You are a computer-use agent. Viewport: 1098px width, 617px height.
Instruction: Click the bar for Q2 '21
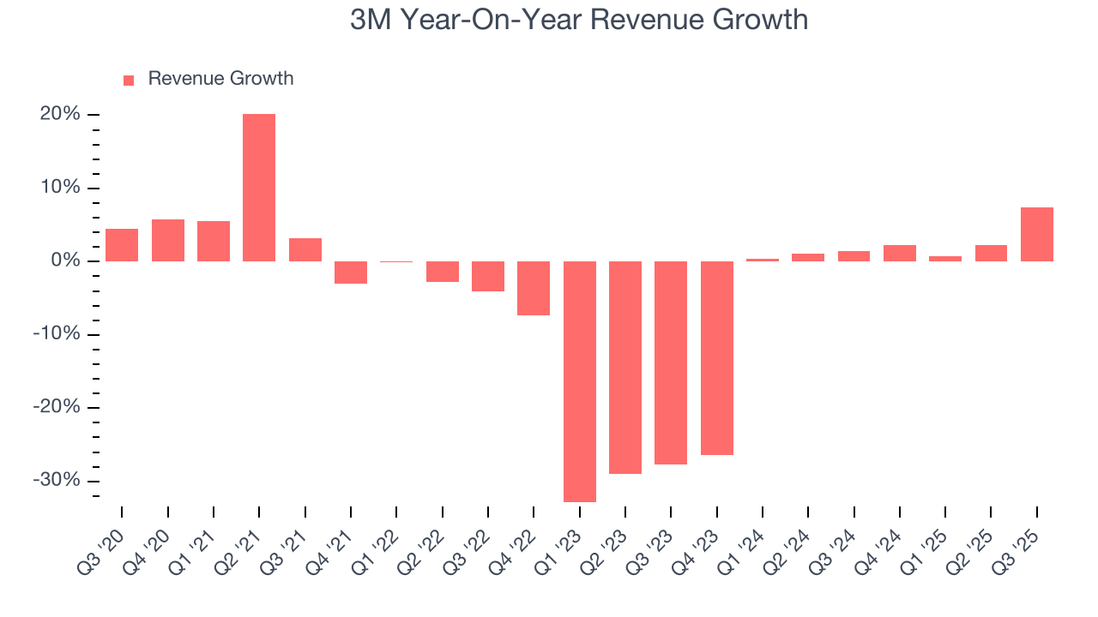pyautogui.click(x=259, y=188)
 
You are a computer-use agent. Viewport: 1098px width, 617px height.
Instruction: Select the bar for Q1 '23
pyautogui.click(x=579, y=381)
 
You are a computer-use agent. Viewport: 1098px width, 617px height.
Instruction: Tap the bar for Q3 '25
pyautogui.click(x=1036, y=234)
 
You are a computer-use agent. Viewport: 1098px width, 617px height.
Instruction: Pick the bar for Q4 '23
pyautogui.click(x=716, y=358)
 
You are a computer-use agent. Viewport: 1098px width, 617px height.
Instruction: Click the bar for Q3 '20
pyautogui.click(x=122, y=245)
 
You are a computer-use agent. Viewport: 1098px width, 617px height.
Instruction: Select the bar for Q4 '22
pyautogui.click(x=534, y=288)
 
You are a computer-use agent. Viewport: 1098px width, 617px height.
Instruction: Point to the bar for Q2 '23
pyautogui.click(x=625, y=368)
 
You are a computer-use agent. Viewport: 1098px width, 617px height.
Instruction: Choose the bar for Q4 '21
pyautogui.click(x=351, y=273)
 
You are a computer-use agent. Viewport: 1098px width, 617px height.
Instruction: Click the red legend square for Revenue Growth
pyautogui.click(x=129, y=80)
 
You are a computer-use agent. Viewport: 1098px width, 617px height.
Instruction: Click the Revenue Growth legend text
pyautogui.click(x=220, y=79)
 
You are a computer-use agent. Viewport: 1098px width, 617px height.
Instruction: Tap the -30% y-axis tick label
pyautogui.click(x=57, y=480)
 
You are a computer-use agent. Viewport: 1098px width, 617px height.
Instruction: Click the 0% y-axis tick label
pyautogui.click(x=65, y=261)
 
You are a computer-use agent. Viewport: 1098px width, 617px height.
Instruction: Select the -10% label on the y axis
pyautogui.click(x=57, y=334)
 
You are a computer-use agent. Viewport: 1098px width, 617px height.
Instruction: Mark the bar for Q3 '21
pyautogui.click(x=305, y=249)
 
